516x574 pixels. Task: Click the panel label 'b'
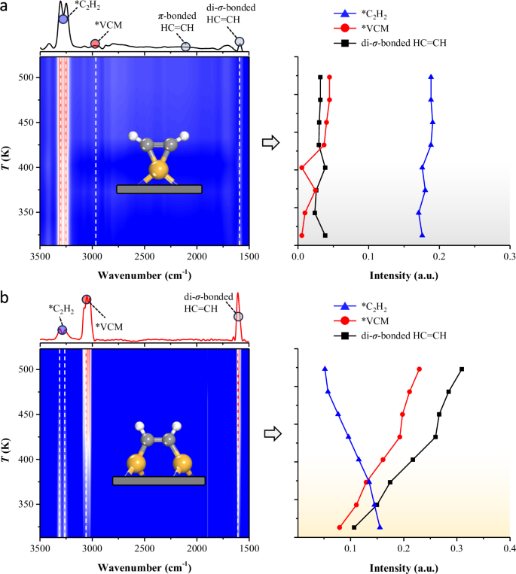coord(6,299)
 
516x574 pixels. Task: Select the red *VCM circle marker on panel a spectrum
coord(95,44)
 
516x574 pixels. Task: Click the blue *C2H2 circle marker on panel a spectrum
coord(63,19)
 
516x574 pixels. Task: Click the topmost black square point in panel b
coord(462,369)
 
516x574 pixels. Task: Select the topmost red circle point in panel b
coord(419,369)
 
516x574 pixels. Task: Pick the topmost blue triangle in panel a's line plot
coord(431,76)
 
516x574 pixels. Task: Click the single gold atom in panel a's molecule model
coord(159,169)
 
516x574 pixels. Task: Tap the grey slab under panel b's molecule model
coord(158,481)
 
